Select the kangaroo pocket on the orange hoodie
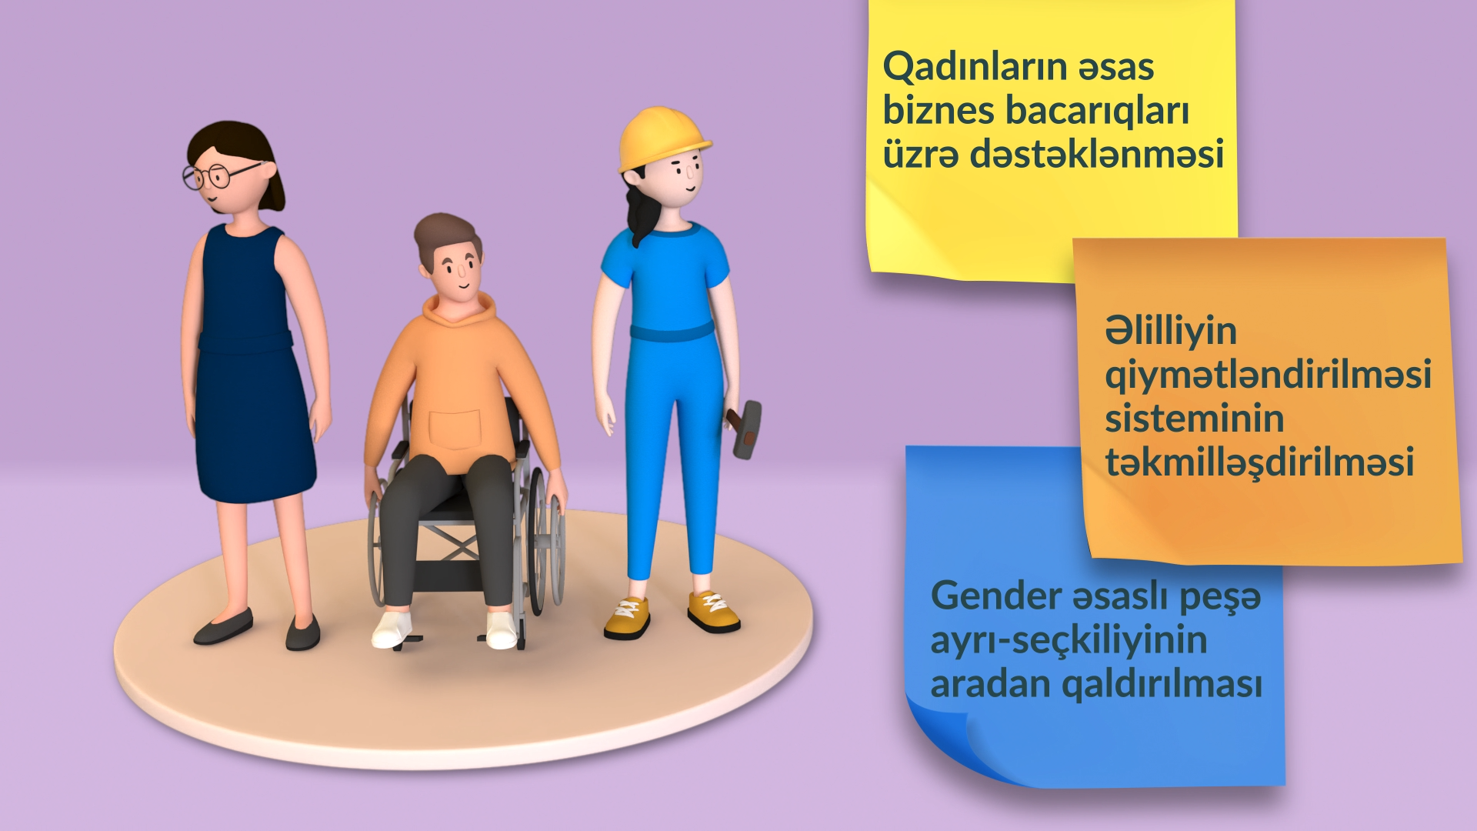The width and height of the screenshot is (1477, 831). point(455,429)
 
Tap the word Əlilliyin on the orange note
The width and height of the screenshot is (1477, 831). point(1171,332)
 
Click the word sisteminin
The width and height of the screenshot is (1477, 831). point(1195,419)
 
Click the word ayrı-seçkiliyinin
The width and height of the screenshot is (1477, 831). point(1069,640)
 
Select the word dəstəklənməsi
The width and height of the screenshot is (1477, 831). point(1096,154)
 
